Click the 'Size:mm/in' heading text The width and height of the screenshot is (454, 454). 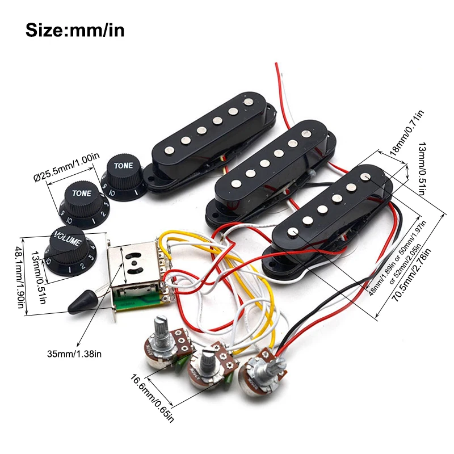coord(75,30)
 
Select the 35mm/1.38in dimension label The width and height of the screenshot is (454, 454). coord(74,355)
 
